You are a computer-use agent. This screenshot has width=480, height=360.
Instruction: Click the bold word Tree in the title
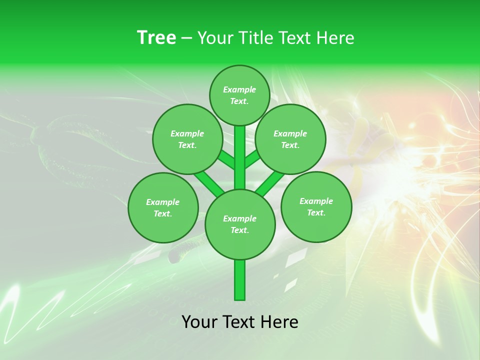(156, 37)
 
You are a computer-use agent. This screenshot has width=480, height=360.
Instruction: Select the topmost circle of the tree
(239, 95)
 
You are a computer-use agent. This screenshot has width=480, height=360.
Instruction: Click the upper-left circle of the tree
(187, 139)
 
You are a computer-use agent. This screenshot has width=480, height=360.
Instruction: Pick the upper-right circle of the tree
(290, 139)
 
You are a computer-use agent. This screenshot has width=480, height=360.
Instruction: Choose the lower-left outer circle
(163, 207)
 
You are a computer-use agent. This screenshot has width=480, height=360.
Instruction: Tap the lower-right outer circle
(316, 206)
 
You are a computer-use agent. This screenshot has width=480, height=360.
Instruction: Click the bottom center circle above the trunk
(240, 224)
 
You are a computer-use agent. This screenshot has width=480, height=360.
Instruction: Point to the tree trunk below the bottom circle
(240, 280)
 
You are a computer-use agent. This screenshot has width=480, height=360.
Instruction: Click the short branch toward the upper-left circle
(226, 160)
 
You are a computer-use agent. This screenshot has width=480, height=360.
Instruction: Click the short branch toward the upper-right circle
(252, 159)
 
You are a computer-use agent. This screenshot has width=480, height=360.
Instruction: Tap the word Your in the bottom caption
(199, 322)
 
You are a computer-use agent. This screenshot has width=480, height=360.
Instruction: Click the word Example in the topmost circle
(239, 89)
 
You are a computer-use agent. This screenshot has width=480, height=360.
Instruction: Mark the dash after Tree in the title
(186, 38)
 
